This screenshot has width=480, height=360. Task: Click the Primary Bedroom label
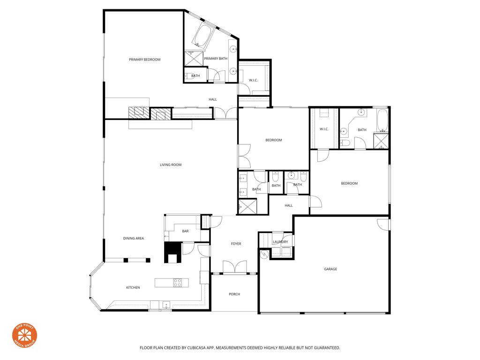[x=145, y=60]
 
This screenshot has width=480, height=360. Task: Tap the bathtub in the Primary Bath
[x=202, y=36]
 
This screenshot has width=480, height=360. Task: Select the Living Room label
[x=171, y=165]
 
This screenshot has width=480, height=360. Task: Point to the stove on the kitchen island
[x=178, y=283]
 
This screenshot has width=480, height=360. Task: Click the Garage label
[x=330, y=269]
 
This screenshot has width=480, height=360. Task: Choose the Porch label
[x=234, y=294]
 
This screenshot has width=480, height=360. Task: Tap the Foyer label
[x=236, y=244]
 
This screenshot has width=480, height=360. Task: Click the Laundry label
[x=280, y=242]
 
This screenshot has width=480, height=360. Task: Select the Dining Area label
[x=134, y=239]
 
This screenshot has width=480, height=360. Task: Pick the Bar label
[x=185, y=231]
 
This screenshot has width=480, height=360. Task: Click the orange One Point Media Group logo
[x=24, y=336]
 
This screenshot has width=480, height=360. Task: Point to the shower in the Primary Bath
[x=193, y=59]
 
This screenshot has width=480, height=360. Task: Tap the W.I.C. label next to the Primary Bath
[x=254, y=80]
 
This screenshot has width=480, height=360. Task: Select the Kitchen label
[x=133, y=287]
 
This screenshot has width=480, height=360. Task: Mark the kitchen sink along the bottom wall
[x=165, y=305]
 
